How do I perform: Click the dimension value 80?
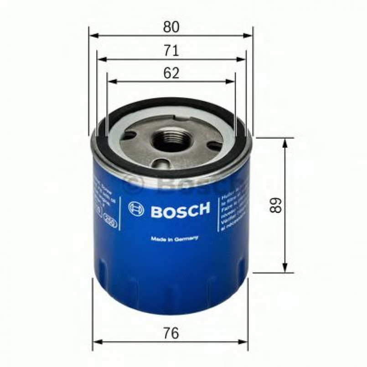click(x=171, y=27)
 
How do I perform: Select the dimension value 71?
click(x=171, y=51)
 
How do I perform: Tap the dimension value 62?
click(x=171, y=73)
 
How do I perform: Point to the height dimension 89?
click(x=274, y=206)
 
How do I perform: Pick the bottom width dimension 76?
click(x=171, y=333)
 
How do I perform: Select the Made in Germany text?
click(x=174, y=238)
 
